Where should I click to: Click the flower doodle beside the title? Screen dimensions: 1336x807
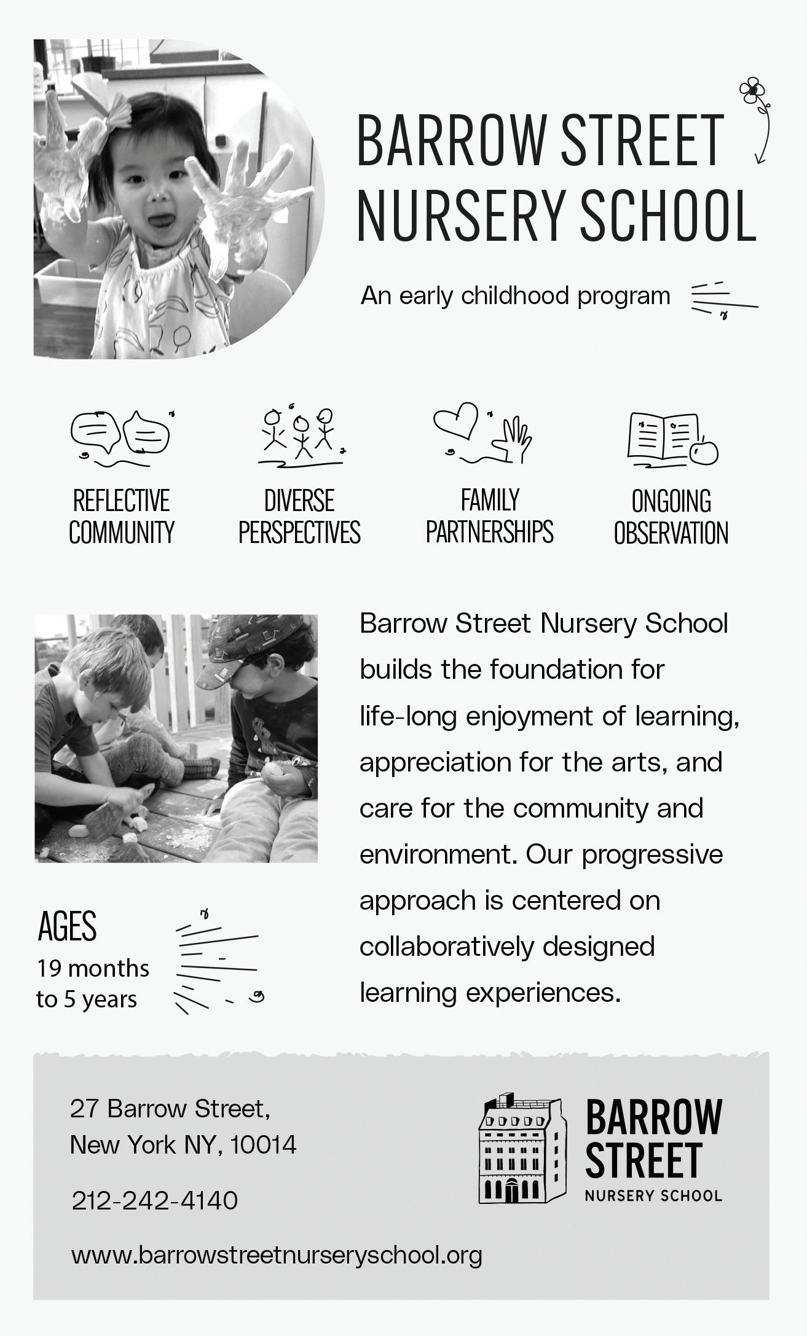pos(752,92)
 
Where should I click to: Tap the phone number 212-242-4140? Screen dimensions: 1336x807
pos(155,1200)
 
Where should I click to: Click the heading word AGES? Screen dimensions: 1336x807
pos(68,927)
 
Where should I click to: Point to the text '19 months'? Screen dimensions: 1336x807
pos(93,969)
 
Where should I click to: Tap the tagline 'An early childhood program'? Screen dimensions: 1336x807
pos(515,296)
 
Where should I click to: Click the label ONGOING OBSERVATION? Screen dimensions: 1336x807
pos(671,517)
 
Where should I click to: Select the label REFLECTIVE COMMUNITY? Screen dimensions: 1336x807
pos(122,517)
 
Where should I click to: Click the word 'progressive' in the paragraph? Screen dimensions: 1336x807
pos(652,854)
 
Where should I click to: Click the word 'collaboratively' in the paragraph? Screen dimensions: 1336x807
pos(447,947)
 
